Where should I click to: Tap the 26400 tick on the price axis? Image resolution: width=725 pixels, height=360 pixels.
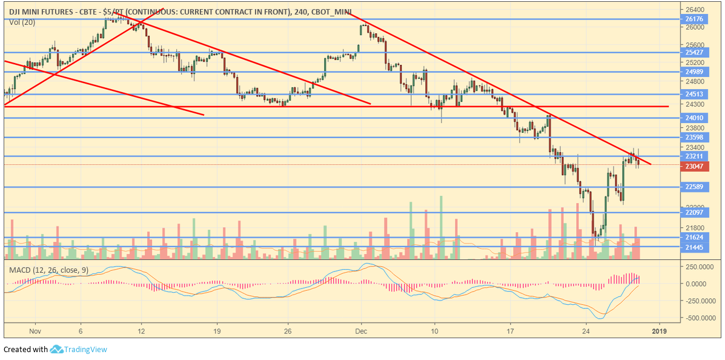click(x=694, y=10)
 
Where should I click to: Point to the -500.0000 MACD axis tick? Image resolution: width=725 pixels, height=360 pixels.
click(x=700, y=318)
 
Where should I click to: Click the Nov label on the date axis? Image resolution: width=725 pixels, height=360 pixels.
click(x=35, y=332)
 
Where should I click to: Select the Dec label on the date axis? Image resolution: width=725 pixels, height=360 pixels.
click(x=362, y=332)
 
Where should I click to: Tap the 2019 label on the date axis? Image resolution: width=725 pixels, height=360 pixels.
click(x=659, y=332)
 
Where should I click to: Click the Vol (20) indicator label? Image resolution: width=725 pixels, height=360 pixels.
click(x=22, y=22)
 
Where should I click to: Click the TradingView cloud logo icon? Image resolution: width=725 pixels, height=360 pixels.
click(x=57, y=349)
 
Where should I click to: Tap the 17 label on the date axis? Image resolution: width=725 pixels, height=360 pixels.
click(x=510, y=332)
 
